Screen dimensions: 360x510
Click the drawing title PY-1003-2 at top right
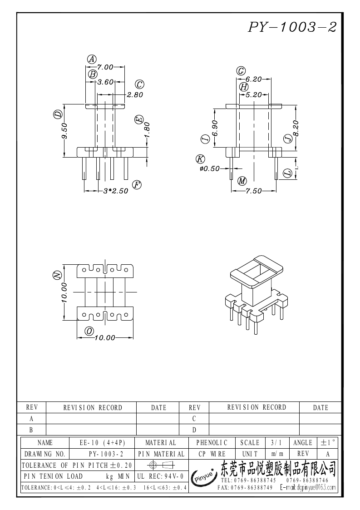click(292, 27)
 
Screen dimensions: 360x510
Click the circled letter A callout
click(92, 59)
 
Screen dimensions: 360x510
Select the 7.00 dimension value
click(105, 67)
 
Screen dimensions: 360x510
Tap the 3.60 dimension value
click(106, 82)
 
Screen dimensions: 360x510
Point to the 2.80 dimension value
click(135, 94)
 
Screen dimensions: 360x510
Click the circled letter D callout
click(58, 114)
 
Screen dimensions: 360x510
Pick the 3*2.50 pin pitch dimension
click(116, 191)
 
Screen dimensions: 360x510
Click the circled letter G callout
click(241, 71)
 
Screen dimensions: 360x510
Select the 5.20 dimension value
click(254, 94)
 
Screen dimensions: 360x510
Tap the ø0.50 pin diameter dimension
click(210, 168)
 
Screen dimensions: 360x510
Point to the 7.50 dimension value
click(254, 191)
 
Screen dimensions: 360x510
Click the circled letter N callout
click(57, 275)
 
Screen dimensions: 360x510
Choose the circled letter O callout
click(89, 331)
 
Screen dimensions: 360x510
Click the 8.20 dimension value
click(296, 129)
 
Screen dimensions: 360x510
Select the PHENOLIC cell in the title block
click(212, 443)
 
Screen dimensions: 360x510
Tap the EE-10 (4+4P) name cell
click(103, 443)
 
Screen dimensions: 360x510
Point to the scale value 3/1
click(276, 443)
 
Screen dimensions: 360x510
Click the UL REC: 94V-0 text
click(161, 476)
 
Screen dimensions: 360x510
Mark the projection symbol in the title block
click(161, 465)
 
